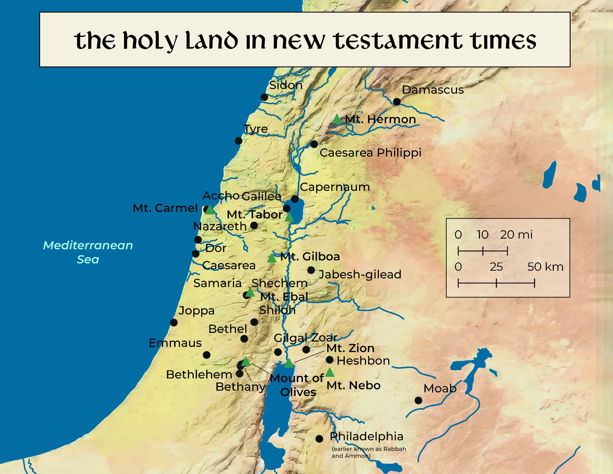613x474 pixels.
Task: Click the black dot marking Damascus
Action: point(397,102)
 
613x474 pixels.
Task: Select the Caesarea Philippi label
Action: point(370,153)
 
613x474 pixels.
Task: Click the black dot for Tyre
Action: point(238,141)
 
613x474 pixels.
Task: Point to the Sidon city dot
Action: point(264,97)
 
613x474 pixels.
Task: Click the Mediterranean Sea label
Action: point(88,252)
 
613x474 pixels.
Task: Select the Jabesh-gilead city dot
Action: point(311,270)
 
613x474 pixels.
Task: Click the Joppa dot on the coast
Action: point(174,322)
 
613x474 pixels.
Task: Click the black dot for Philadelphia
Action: point(319,439)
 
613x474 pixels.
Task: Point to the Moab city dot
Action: point(418,400)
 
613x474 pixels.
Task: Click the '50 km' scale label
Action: point(545,267)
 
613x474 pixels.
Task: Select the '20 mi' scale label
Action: point(516,235)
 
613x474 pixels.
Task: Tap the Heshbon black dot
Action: point(330,359)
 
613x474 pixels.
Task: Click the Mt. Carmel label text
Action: point(165,208)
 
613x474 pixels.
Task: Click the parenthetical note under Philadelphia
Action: point(369,452)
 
